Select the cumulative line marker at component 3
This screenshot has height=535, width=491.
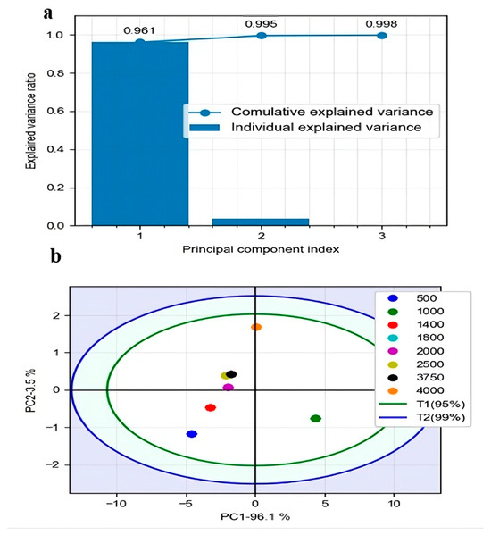(x=382, y=35)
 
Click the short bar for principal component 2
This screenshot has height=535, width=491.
(x=261, y=222)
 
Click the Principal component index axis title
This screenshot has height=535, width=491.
(x=261, y=249)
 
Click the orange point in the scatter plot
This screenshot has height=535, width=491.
(x=256, y=328)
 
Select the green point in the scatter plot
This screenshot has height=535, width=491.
(x=315, y=418)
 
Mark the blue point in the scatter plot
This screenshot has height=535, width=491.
(x=191, y=434)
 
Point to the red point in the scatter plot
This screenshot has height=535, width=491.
(x=211, y=407)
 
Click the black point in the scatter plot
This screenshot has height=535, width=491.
(x=232, y=374)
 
